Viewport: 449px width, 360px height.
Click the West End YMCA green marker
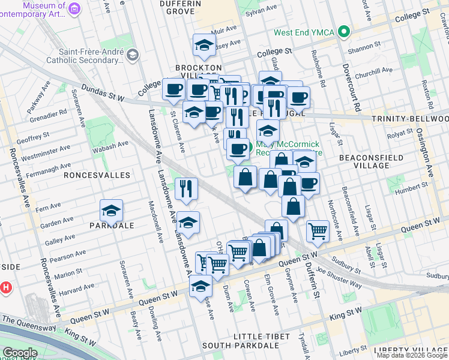pyautogui.click(x=343, y=32)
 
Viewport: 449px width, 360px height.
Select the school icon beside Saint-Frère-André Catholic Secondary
pyautogui.click(x=132, y=55)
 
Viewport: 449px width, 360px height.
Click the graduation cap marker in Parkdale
pyautogui.click(x=112, y=211)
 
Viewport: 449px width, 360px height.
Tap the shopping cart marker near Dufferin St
pyautogui.click(x=317, y=230)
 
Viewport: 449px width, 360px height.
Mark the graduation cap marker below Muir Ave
pyautogui.click(x=204, y=46)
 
